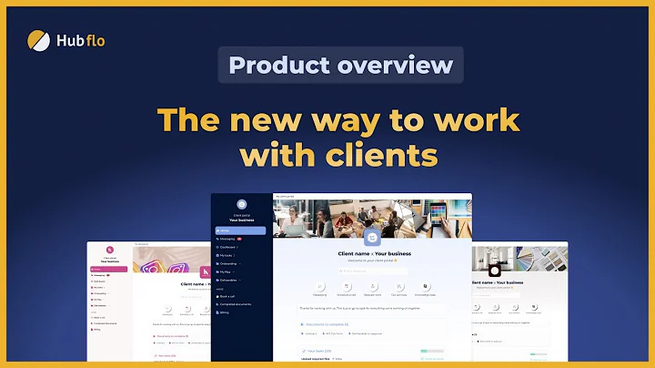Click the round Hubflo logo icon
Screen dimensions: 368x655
tap(39, 41)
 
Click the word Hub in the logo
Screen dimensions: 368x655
tap(74, 41)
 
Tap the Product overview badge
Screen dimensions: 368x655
tap(340, 66)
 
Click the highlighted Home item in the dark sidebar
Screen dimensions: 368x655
tap(240, 230)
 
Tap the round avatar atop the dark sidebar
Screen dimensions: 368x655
tap(241, 204)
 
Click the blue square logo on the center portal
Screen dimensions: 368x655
tap(371, 236)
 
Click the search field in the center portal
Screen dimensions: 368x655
tap(371, 271)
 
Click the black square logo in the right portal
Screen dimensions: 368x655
tap(494, 271)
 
